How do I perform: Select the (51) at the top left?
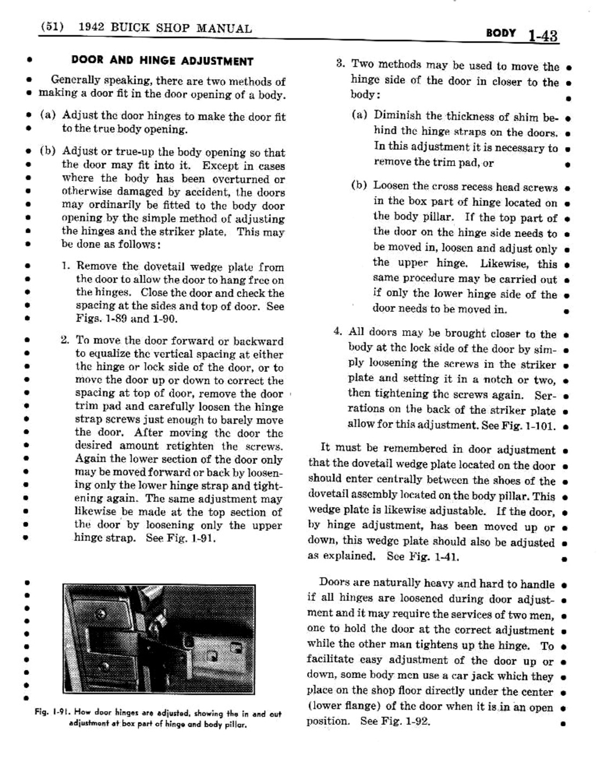tap(53, 28)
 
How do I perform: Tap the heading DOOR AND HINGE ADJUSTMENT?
tap(162, 61)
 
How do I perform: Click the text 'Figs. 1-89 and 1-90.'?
tap(126, 318)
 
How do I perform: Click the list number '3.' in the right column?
tap(340, 64)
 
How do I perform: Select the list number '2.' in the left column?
tap(66, 341)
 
